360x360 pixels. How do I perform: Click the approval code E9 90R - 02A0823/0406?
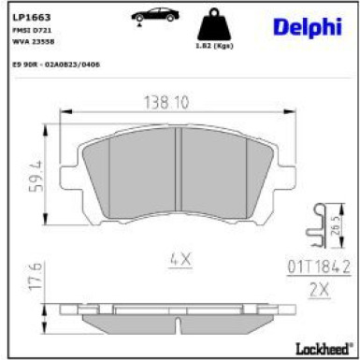pos(56,64)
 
